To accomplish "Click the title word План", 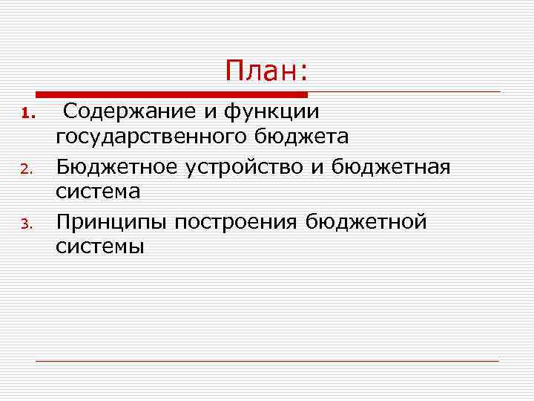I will pos(266,72).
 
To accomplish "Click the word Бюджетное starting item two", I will pos(118,166).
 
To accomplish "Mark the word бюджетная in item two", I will pos(391,166).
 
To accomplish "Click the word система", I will pos(98,192).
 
